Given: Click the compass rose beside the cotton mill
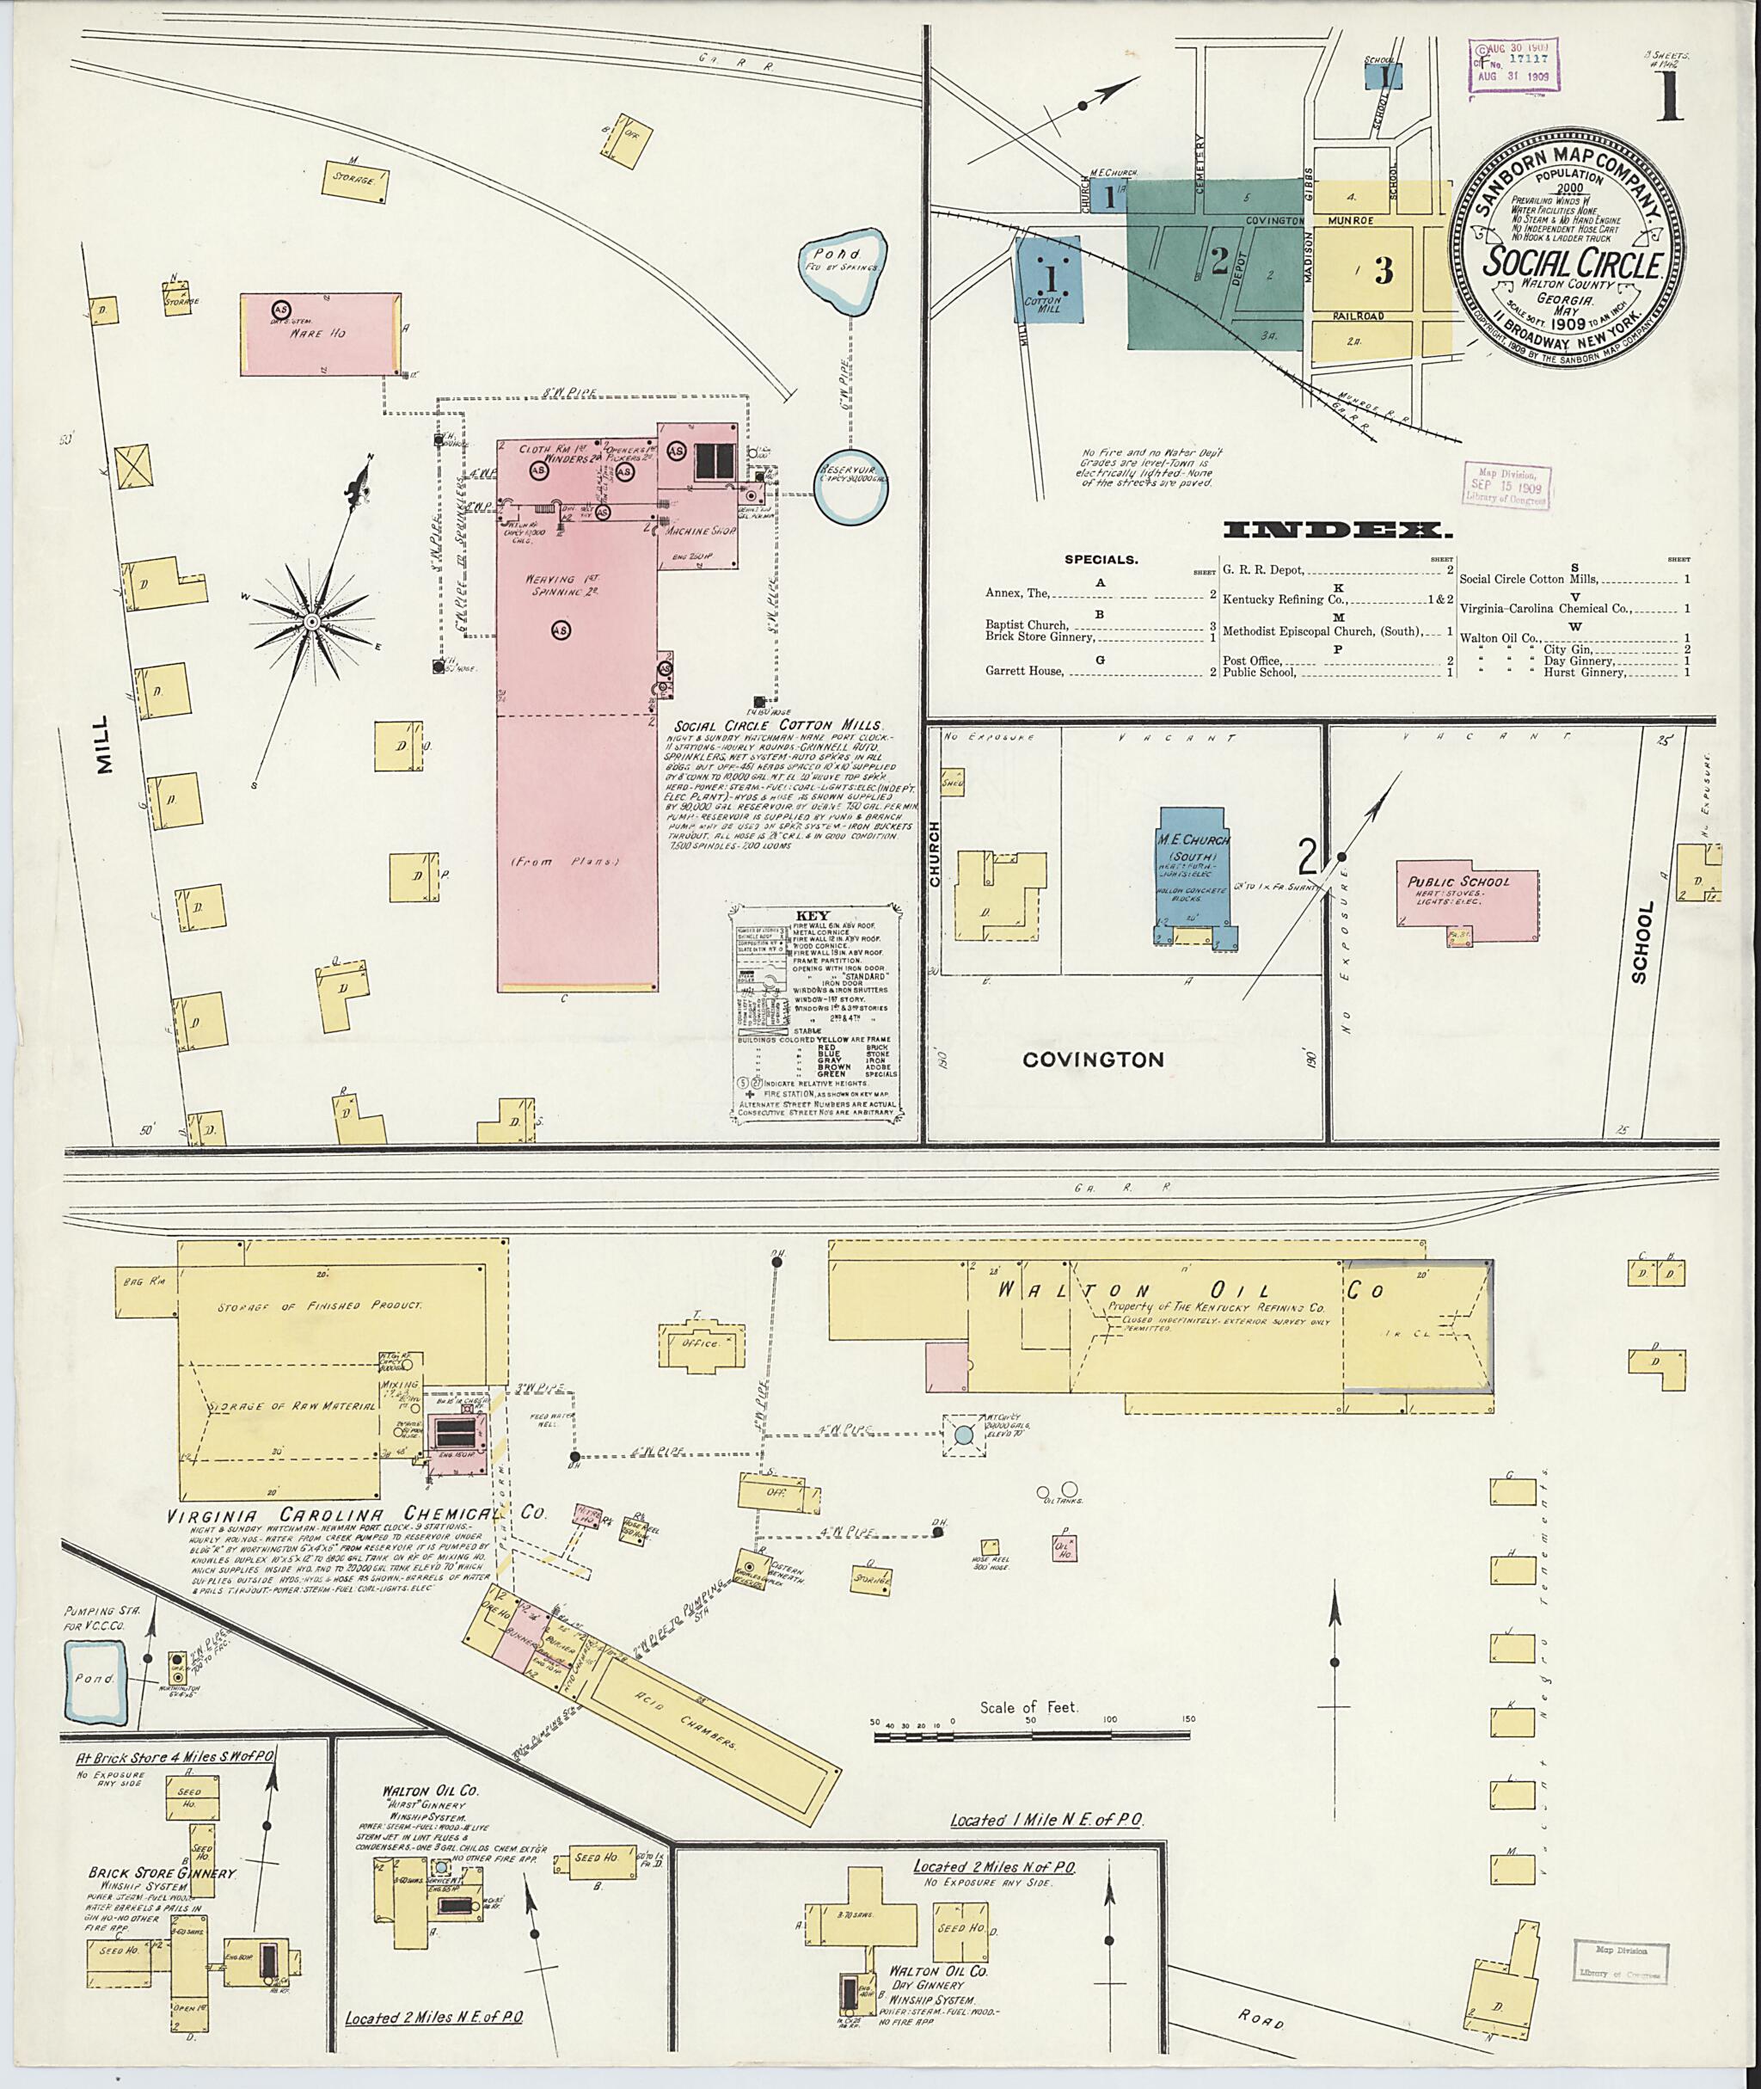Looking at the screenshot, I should tap(311, 621).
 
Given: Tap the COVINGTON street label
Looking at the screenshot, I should tap(1093, 1060).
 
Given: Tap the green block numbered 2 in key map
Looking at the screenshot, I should tap(1218, 261).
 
